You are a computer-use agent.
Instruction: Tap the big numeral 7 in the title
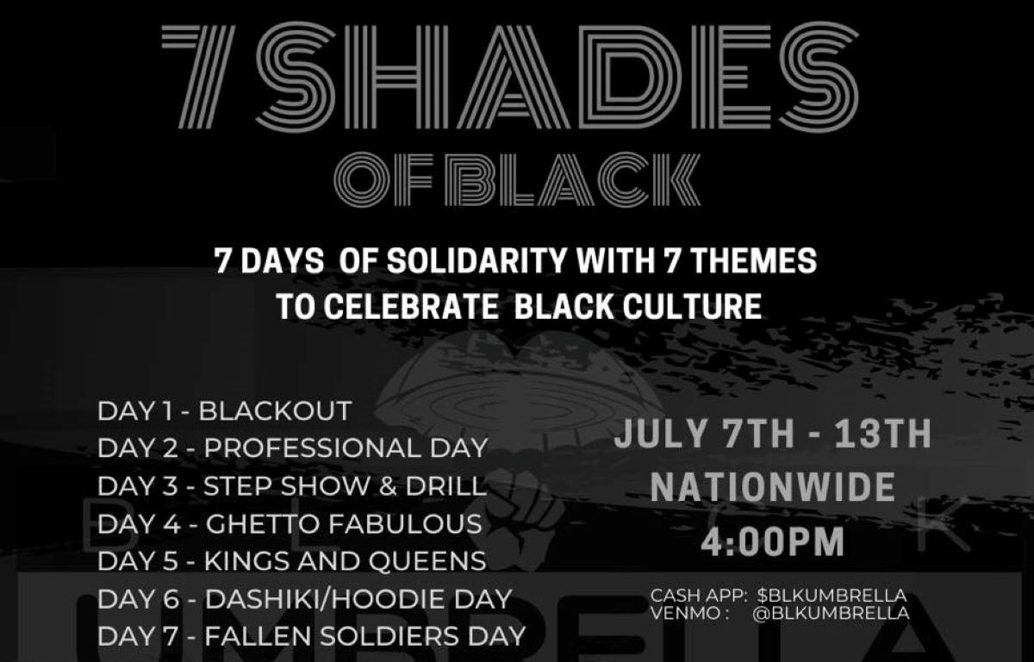click(x=198, y=77)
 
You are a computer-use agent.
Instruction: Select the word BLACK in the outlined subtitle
click(x=572, y=179)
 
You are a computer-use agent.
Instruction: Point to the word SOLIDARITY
click(x=477, y=261)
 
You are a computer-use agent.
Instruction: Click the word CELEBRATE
click(x=411, y=306)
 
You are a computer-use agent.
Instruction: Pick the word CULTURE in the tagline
click(x=692, y=306)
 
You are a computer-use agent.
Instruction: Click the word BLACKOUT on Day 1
click(x=276, y=410)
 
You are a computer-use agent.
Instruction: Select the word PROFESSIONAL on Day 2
click(x=313, y=447)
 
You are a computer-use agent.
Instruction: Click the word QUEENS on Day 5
click(x=427, y=561)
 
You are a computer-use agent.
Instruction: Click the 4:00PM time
click(x=773, y=542)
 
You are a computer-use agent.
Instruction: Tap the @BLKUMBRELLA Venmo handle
click(x=831, y=614)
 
